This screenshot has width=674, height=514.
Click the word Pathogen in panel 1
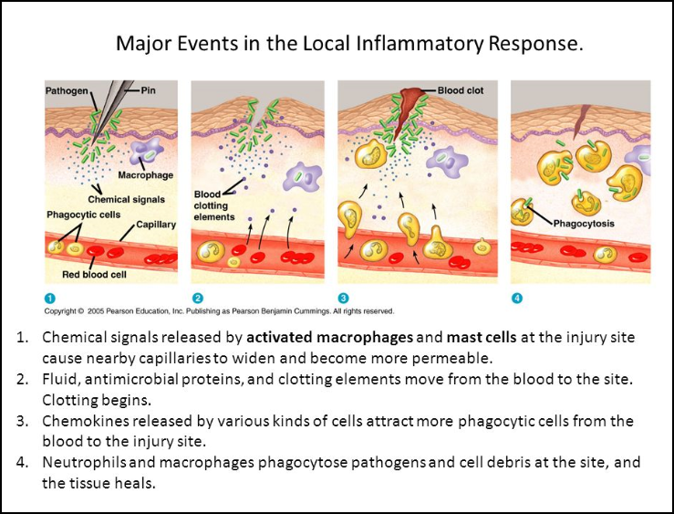(x=67, y=91)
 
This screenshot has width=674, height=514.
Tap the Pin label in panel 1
(x=149, y=91)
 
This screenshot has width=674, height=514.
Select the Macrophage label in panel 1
(x=145, y=174)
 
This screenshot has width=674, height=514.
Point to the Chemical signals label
(x=122, y=198)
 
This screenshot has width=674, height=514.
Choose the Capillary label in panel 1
(x=156, y=224)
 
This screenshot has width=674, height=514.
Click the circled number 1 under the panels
(x=50, y=298)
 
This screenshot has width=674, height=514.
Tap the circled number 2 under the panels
(x=197, y=298)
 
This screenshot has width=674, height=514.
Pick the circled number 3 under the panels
(x=344, y=298)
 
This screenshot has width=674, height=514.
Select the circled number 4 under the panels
(x=517, y=298)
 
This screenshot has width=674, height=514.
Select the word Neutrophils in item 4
(x=83, y=462)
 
